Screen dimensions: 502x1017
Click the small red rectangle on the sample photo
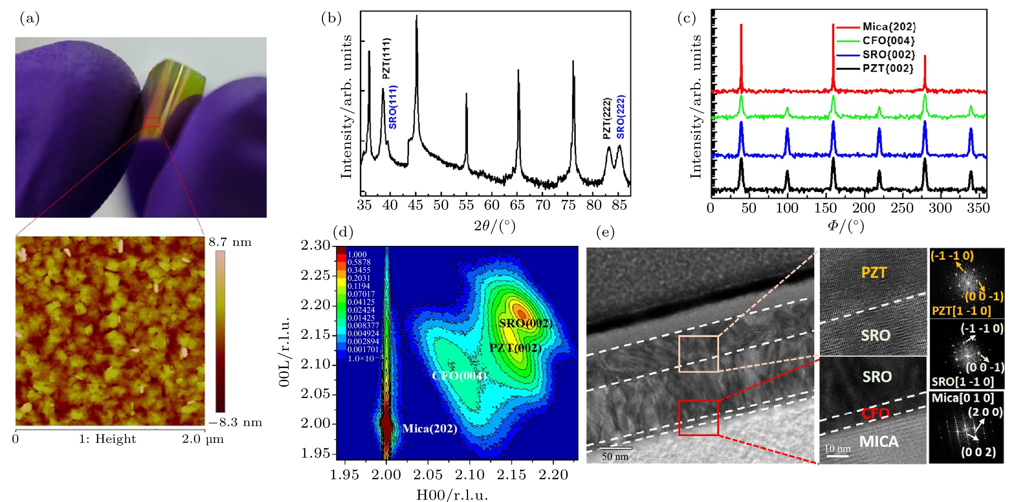[152, 122]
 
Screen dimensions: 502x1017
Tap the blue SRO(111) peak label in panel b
[393, 107]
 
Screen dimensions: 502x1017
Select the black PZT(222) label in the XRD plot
[607, 118]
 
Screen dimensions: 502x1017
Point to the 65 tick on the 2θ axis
[517, 205]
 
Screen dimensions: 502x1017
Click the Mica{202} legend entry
[889, 27]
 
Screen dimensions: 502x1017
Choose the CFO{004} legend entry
[888, 41]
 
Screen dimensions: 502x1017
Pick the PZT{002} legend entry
[888, 68]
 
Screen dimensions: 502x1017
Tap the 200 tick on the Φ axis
[864, 208]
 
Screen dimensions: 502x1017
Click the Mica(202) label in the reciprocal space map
[430, 429]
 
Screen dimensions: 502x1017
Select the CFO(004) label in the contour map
[459, 375]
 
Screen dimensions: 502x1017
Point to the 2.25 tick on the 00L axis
[315, 275]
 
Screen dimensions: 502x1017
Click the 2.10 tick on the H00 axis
[470, 475]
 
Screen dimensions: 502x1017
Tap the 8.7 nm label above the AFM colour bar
[230, 242]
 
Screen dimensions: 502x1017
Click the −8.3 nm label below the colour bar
[236, 422]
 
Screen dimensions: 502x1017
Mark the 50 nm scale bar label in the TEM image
[615, 456]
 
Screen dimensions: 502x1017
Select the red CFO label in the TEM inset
[876, 413]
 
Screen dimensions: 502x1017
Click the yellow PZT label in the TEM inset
[874, 272]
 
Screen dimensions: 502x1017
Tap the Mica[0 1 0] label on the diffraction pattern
[963, 398]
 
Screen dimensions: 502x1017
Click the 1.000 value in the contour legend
[357, 254]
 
